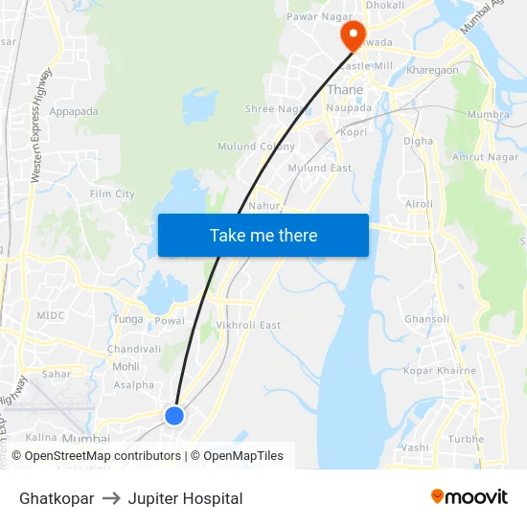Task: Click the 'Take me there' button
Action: coord(263,235)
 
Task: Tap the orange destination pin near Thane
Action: coord(353,35)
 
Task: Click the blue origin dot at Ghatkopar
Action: coord(173,415)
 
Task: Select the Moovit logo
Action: coord(470,497)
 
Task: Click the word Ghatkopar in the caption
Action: coord(57,498)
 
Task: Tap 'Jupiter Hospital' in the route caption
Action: coord(185,498)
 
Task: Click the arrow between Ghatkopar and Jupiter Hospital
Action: coord(111,498)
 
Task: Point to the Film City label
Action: coord(112,194)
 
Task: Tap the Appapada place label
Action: coord(74,111)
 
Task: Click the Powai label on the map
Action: coord(170,321)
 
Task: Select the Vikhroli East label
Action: coord(248,325)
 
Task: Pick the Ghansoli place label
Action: coord(426,319)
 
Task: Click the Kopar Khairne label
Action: coord(439,370)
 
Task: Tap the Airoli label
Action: coord(420,204)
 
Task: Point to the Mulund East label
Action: coord(320,168)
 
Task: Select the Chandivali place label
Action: coord(134,349)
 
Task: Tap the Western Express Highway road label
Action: coord(41,125)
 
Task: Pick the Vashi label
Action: coord(415,447)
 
